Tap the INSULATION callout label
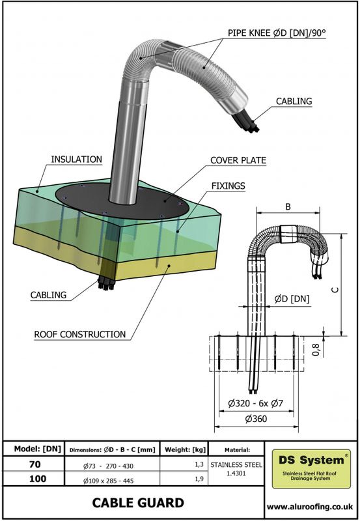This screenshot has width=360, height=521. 77,159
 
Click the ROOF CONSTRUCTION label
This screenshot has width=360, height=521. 79,334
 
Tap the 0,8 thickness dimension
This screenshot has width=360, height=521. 335,350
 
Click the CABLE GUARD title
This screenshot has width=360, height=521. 137,503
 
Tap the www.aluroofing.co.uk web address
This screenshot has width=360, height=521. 311,505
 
